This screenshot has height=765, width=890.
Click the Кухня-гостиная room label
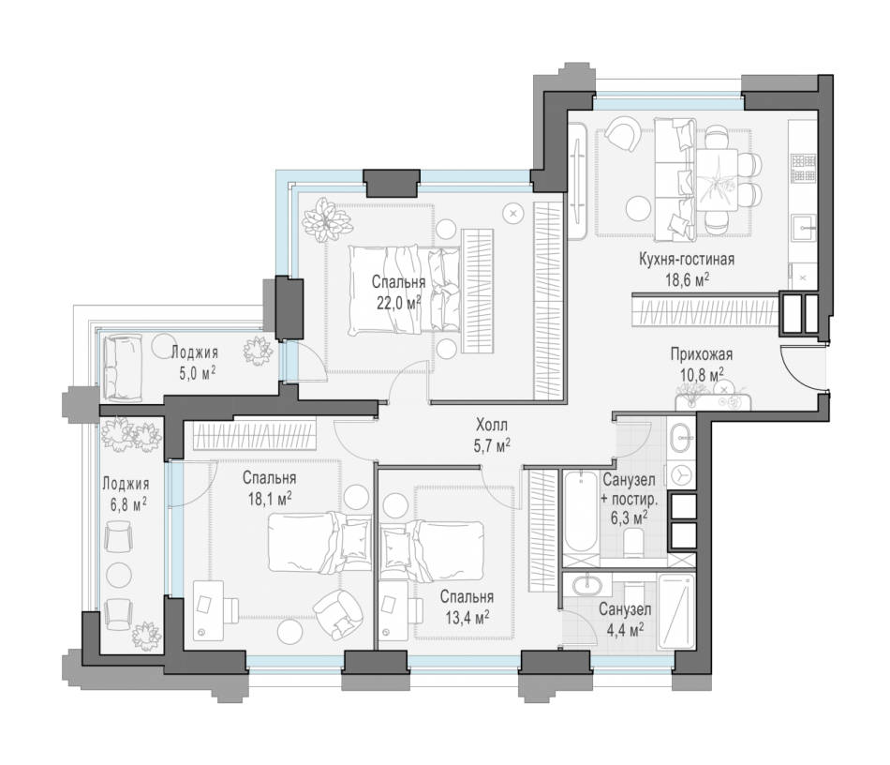coord(686,260)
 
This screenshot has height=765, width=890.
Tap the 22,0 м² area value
coord(398,302)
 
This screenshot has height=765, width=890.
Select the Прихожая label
coord(701,354)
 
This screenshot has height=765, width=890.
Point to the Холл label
coord(492,425)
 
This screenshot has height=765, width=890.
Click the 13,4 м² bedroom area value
coord(467,617)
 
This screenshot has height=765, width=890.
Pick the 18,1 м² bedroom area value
coord(270,499)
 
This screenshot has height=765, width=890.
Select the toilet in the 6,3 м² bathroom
coord(632,542)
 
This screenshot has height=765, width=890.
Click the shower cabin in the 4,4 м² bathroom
coord(675,611)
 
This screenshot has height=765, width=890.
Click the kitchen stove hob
coord(803,168)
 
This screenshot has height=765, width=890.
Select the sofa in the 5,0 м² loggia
coord(120,367)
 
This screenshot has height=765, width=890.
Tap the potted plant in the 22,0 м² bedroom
coord(326,219)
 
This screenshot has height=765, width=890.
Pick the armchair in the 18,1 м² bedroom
coord(338,614)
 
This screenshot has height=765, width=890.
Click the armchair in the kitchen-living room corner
coord(622,134)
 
